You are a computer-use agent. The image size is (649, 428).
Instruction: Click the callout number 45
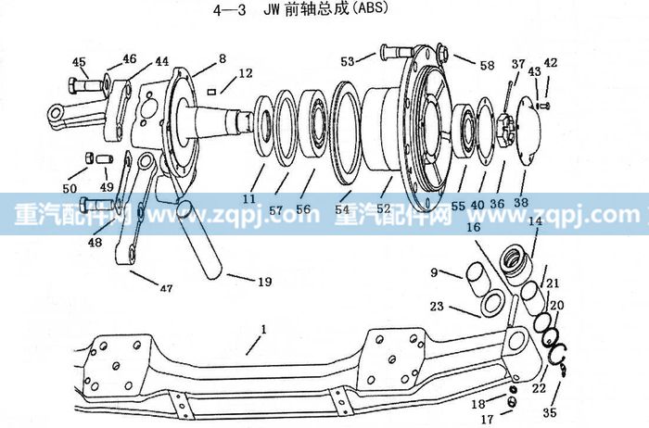[79, 62]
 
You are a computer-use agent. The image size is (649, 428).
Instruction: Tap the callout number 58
[487, 66]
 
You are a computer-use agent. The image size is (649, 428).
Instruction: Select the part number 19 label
[265, 282]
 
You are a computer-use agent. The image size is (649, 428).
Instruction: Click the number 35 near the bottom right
[550, 412]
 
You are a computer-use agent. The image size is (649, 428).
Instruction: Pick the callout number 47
[166, 288]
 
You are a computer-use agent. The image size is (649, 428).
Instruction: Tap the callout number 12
[246, 73]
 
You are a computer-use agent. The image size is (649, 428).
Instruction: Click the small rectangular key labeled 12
[211, 92]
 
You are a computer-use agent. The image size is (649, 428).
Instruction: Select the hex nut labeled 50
[88, 157]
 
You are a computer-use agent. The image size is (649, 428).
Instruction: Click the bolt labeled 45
[87, 86]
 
